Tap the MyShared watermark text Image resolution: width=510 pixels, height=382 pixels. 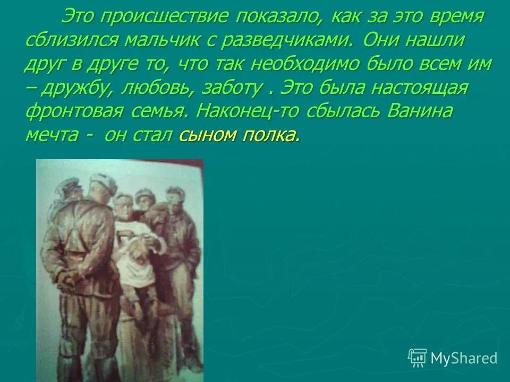click(464, 358)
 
